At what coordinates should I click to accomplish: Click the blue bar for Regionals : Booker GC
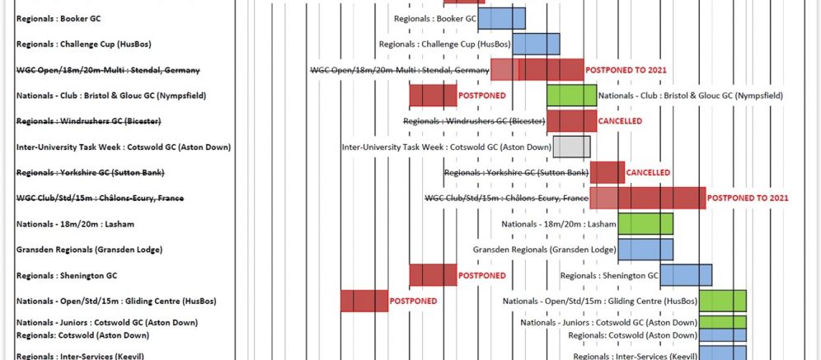[501, 18]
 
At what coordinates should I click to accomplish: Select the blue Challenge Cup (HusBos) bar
[536, 44]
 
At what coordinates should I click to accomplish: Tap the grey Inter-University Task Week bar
[571, 147]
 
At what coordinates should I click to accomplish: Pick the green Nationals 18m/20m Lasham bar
[645, 223]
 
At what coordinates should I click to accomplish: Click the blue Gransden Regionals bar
[645, 249]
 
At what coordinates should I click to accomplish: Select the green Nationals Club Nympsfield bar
[571, 96]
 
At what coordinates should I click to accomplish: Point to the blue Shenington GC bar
[686, 275]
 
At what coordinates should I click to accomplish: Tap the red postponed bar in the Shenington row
[433, 275]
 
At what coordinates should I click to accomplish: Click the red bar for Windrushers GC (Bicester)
[571, 121]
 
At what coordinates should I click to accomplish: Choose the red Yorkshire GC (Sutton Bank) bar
[607, 172]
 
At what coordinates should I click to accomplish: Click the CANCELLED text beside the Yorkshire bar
[648, 173]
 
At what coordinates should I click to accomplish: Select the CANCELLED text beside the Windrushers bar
[621, 121]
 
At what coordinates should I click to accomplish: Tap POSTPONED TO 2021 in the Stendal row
[626, 70]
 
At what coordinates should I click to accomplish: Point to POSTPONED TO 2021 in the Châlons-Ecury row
[748, 199]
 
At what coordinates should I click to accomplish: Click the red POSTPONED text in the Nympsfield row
[481, 96]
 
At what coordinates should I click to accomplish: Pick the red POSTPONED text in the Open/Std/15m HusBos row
[413, 302]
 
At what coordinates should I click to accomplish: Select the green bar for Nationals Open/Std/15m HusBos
[722, 301]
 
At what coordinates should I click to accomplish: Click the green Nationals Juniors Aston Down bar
[722, 322]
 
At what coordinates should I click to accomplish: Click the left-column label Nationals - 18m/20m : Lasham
[63, 224]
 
